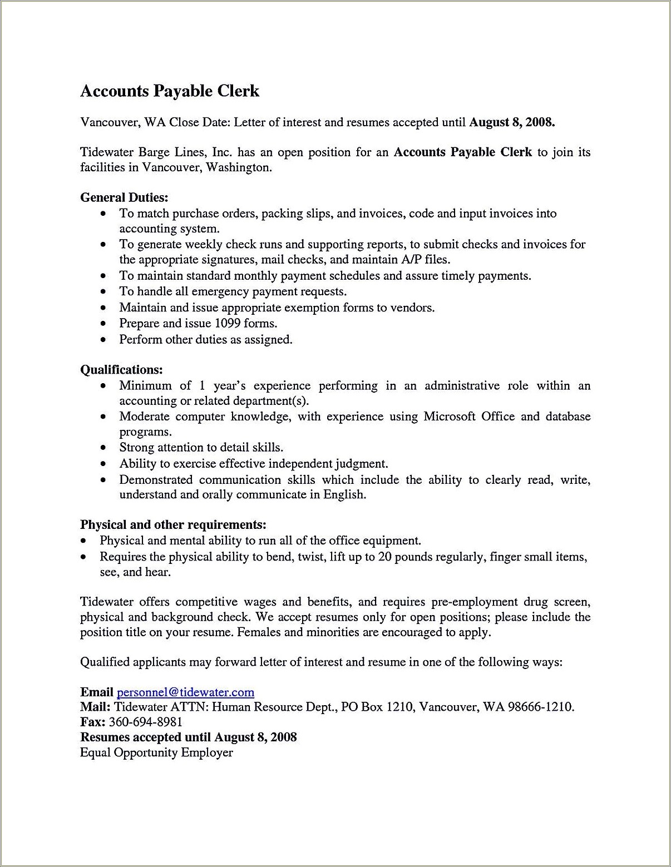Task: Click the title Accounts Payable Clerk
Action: point(170,91)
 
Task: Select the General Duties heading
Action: point(124,197)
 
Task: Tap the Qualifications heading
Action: point(121,370)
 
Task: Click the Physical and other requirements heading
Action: point(173,524)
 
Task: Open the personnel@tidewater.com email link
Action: point(185,692)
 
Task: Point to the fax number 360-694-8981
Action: point(146,722)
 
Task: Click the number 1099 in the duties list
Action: point(227,324)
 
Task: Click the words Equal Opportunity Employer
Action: point(156,753)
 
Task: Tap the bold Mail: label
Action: point(96,707)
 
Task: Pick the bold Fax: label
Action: point(93,722)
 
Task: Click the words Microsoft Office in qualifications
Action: point(469,417)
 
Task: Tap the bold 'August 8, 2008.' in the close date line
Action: point(512,122)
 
